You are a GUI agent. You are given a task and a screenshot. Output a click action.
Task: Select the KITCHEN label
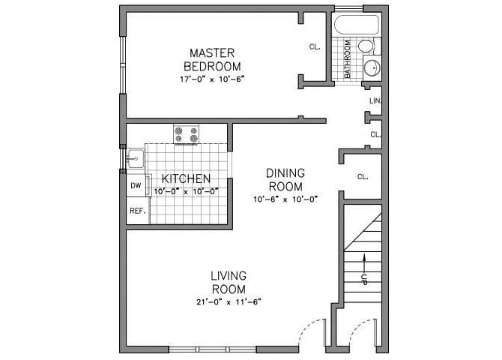click(186, 178)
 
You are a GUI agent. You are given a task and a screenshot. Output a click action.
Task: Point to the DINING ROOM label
click(285, 180)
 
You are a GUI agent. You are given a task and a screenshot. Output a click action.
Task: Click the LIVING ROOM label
click(229, 282)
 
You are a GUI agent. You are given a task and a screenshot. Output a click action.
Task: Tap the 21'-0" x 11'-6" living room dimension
click(229, 301)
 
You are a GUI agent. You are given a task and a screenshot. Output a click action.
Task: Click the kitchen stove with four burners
click(187, 135)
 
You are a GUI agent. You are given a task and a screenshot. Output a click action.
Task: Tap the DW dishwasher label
click(136, 185)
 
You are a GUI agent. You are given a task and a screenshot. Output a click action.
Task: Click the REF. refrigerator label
click(137, 211)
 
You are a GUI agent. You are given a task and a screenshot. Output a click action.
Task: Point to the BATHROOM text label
click(348, 59)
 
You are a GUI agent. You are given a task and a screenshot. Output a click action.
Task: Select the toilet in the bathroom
click(366, 46)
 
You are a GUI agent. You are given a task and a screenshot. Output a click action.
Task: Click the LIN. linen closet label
click(375, 100)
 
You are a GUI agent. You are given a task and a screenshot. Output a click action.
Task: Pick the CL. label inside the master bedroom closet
click(315, 46)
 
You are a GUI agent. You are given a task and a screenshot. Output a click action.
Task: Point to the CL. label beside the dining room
click(363, 177)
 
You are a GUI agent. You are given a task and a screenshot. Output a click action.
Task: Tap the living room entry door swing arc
click(311, 330)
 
